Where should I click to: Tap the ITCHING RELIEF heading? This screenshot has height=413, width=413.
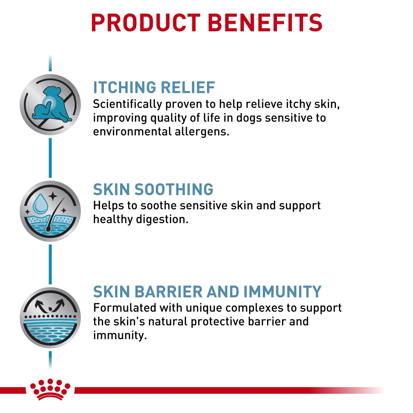pyautogui.click(x=154, y=88)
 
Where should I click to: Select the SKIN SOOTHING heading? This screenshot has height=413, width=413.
pyautogui.click(x=153, y=189)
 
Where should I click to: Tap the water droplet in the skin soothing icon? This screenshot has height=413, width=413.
pyautogui.click(x=40, y=204)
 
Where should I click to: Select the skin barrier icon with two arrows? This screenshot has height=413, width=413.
pyautogui.click(x=50, y=317)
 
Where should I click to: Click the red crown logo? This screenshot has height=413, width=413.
pyautogui.click(x=50, y=389)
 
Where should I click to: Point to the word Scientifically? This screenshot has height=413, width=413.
pyautogui.click(x=127, y=104)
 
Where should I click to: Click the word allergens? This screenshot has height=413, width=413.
pyautogui.click(x=202, y=132)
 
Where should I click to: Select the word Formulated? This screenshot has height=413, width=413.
pyautogui.click(x=125, y=308)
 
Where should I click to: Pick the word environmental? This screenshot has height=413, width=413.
pyautogui.click(x=132, y=132)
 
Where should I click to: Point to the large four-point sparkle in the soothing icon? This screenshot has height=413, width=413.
pyautogui.click(x=53, y=196)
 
